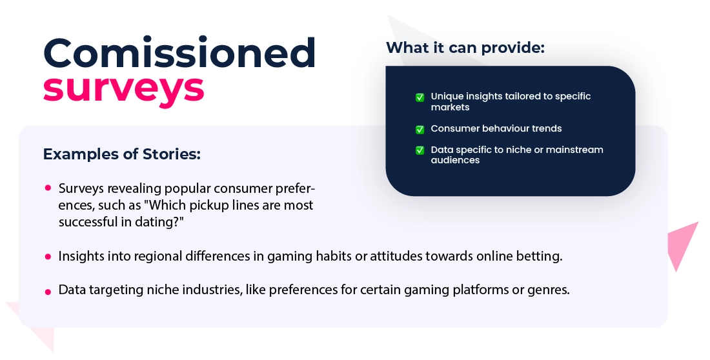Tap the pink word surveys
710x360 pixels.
pyautogui.click(x=124, y=88)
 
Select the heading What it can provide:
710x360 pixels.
pyautogui.click(x=465, y=48)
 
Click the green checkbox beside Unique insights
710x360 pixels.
pyautogui.click(x=420, y=97)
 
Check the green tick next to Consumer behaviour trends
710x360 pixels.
pyautogui.click(x=420, y=130)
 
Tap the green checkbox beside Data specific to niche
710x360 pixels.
pyautogui.click(x=420, y=150)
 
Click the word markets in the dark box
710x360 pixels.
pyautogui.click(x=450, y=107)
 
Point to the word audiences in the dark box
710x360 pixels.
pyautogui.click(x=455, y=160)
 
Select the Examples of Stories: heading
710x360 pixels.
pyautogui.click(x=122, y=154)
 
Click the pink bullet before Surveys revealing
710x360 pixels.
pyautogui.click(x=48, y=188)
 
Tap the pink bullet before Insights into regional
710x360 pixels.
pyautogui.click(x=48, y=257)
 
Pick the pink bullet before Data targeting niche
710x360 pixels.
pyautogui.click(x=48, y=292)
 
